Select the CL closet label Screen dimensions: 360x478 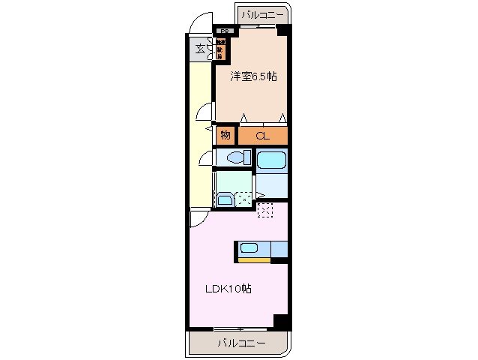[x=261, y=136]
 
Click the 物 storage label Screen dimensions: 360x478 [x=225, y=136]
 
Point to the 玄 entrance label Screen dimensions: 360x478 [x=200, y=49]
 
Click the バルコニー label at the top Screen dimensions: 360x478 [x=261, y=14]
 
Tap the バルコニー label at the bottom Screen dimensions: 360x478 [x=241, y=343]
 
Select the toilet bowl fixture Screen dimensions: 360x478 [x=238, y=157]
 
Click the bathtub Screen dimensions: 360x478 [x=271, y=160]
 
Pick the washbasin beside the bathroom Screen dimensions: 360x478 [x=224, y=199]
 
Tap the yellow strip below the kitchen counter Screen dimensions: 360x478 [x=255, y=260]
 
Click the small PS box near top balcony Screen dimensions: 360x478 [x=224, y=31]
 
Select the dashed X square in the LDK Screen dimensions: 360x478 [x=265, y=210]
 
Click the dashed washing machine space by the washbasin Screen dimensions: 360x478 [x=244, y=199]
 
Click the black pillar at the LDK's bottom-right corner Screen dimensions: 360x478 [x=281, y=321]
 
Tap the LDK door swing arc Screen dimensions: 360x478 [x=199, y=218]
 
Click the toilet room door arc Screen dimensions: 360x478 [x=206, y=158]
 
